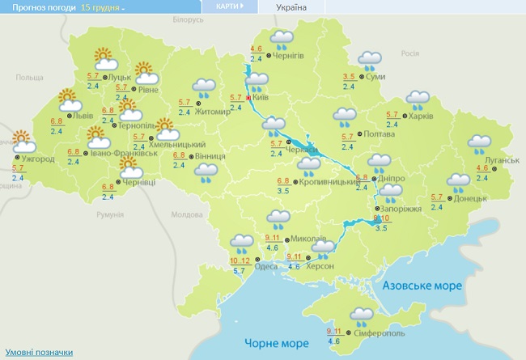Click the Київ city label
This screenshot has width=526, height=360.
261,96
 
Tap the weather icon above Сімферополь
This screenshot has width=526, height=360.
362,316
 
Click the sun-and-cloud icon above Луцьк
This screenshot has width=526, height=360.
104,57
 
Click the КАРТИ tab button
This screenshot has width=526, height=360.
235,6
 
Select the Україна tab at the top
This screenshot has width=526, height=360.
291,6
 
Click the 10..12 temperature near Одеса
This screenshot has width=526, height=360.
239,260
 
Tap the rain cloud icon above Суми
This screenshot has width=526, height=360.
371,59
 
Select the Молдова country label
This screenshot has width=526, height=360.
187,214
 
